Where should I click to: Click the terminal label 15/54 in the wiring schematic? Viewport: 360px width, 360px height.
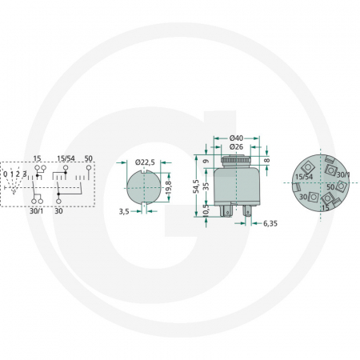pos(66,158)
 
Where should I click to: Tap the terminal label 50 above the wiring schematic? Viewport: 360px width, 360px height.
pos(89,158)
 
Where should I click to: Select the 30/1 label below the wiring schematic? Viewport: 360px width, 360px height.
pos(36,211)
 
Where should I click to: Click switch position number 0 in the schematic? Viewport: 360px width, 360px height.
pos(6,174)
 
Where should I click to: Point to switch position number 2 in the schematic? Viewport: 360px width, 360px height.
pos(18,174)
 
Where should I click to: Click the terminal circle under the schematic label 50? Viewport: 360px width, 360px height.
pos(89,168)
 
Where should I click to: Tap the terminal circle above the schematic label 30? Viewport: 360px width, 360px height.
pos(58,201)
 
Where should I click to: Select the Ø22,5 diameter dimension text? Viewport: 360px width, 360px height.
pos(145,162)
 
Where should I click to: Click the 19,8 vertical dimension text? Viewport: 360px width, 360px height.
pos(169,188)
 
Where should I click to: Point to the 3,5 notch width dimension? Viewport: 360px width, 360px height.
pos(124,212)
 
